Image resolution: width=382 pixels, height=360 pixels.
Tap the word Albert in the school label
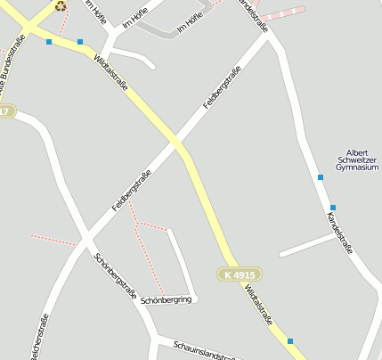tap(356, 152)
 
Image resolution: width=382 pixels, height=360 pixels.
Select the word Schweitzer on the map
tap(356, 160)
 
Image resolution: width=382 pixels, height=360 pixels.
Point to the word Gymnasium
tap(356, 168)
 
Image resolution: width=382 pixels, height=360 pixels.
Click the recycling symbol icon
tap(60, 5)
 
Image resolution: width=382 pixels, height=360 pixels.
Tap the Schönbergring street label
tap(166, 300)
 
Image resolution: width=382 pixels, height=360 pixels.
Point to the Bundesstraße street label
tap(10, 67)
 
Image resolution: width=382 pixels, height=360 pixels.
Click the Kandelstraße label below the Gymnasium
tap(340, 232)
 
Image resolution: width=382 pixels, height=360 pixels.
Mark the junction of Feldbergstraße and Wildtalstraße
tap(175, 143)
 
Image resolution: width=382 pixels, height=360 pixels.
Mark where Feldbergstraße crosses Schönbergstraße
tap(86, 240)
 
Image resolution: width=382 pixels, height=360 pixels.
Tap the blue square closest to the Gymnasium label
tap(321, 177)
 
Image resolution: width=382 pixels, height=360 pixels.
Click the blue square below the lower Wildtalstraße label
tap(289, 340)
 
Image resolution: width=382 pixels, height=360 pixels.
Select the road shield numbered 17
tap(6, 111)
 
